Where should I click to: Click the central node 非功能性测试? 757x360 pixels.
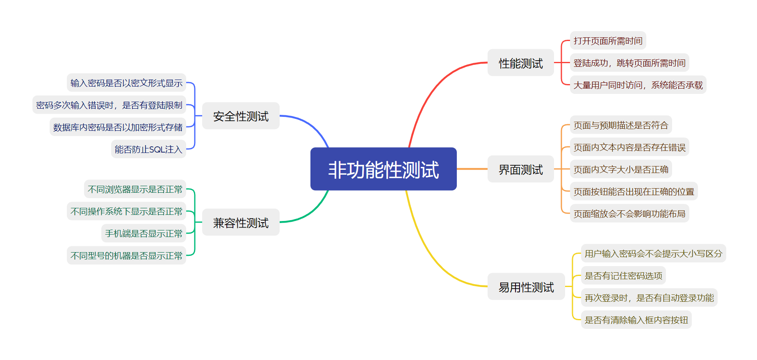(383, 169)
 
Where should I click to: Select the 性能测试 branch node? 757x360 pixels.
(520, 63)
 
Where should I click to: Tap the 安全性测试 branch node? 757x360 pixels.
(241, 116)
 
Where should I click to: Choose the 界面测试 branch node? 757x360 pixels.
(520, 169)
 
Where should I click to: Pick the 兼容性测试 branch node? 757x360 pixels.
(241, 223)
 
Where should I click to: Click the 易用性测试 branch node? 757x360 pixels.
(526, 287)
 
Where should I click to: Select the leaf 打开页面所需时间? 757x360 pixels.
(608, 41)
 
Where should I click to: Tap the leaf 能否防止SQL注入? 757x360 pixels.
(148, 149)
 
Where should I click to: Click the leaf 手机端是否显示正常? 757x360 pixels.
(144, 233)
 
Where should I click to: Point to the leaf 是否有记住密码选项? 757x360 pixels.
(623, 276)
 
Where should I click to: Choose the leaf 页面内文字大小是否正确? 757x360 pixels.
(621, 169)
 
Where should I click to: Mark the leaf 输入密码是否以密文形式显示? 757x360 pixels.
(126, 83)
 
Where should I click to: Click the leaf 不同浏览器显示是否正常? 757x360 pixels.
(135, 189)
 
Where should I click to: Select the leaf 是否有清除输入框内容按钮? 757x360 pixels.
(636, 320)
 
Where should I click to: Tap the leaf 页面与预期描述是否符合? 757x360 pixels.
(621, 125)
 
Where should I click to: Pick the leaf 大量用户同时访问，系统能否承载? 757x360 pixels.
(638, 85)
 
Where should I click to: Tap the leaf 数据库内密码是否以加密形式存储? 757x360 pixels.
(118, 127)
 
